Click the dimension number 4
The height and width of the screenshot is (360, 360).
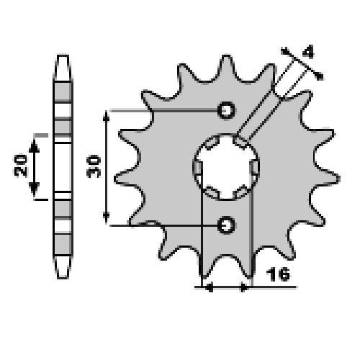(x=308, y=52)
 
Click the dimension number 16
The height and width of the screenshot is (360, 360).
(x=278, y=274)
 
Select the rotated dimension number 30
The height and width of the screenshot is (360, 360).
(x=94, y=166)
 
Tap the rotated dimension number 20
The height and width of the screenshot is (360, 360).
(x=21, y=165)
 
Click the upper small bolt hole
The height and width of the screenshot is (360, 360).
(x=226, y=110)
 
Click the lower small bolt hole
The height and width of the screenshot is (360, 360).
(x=226, y=225)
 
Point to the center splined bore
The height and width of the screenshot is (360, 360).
(x=226, y=167)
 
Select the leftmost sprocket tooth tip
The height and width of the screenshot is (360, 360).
(x=114, y=179)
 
